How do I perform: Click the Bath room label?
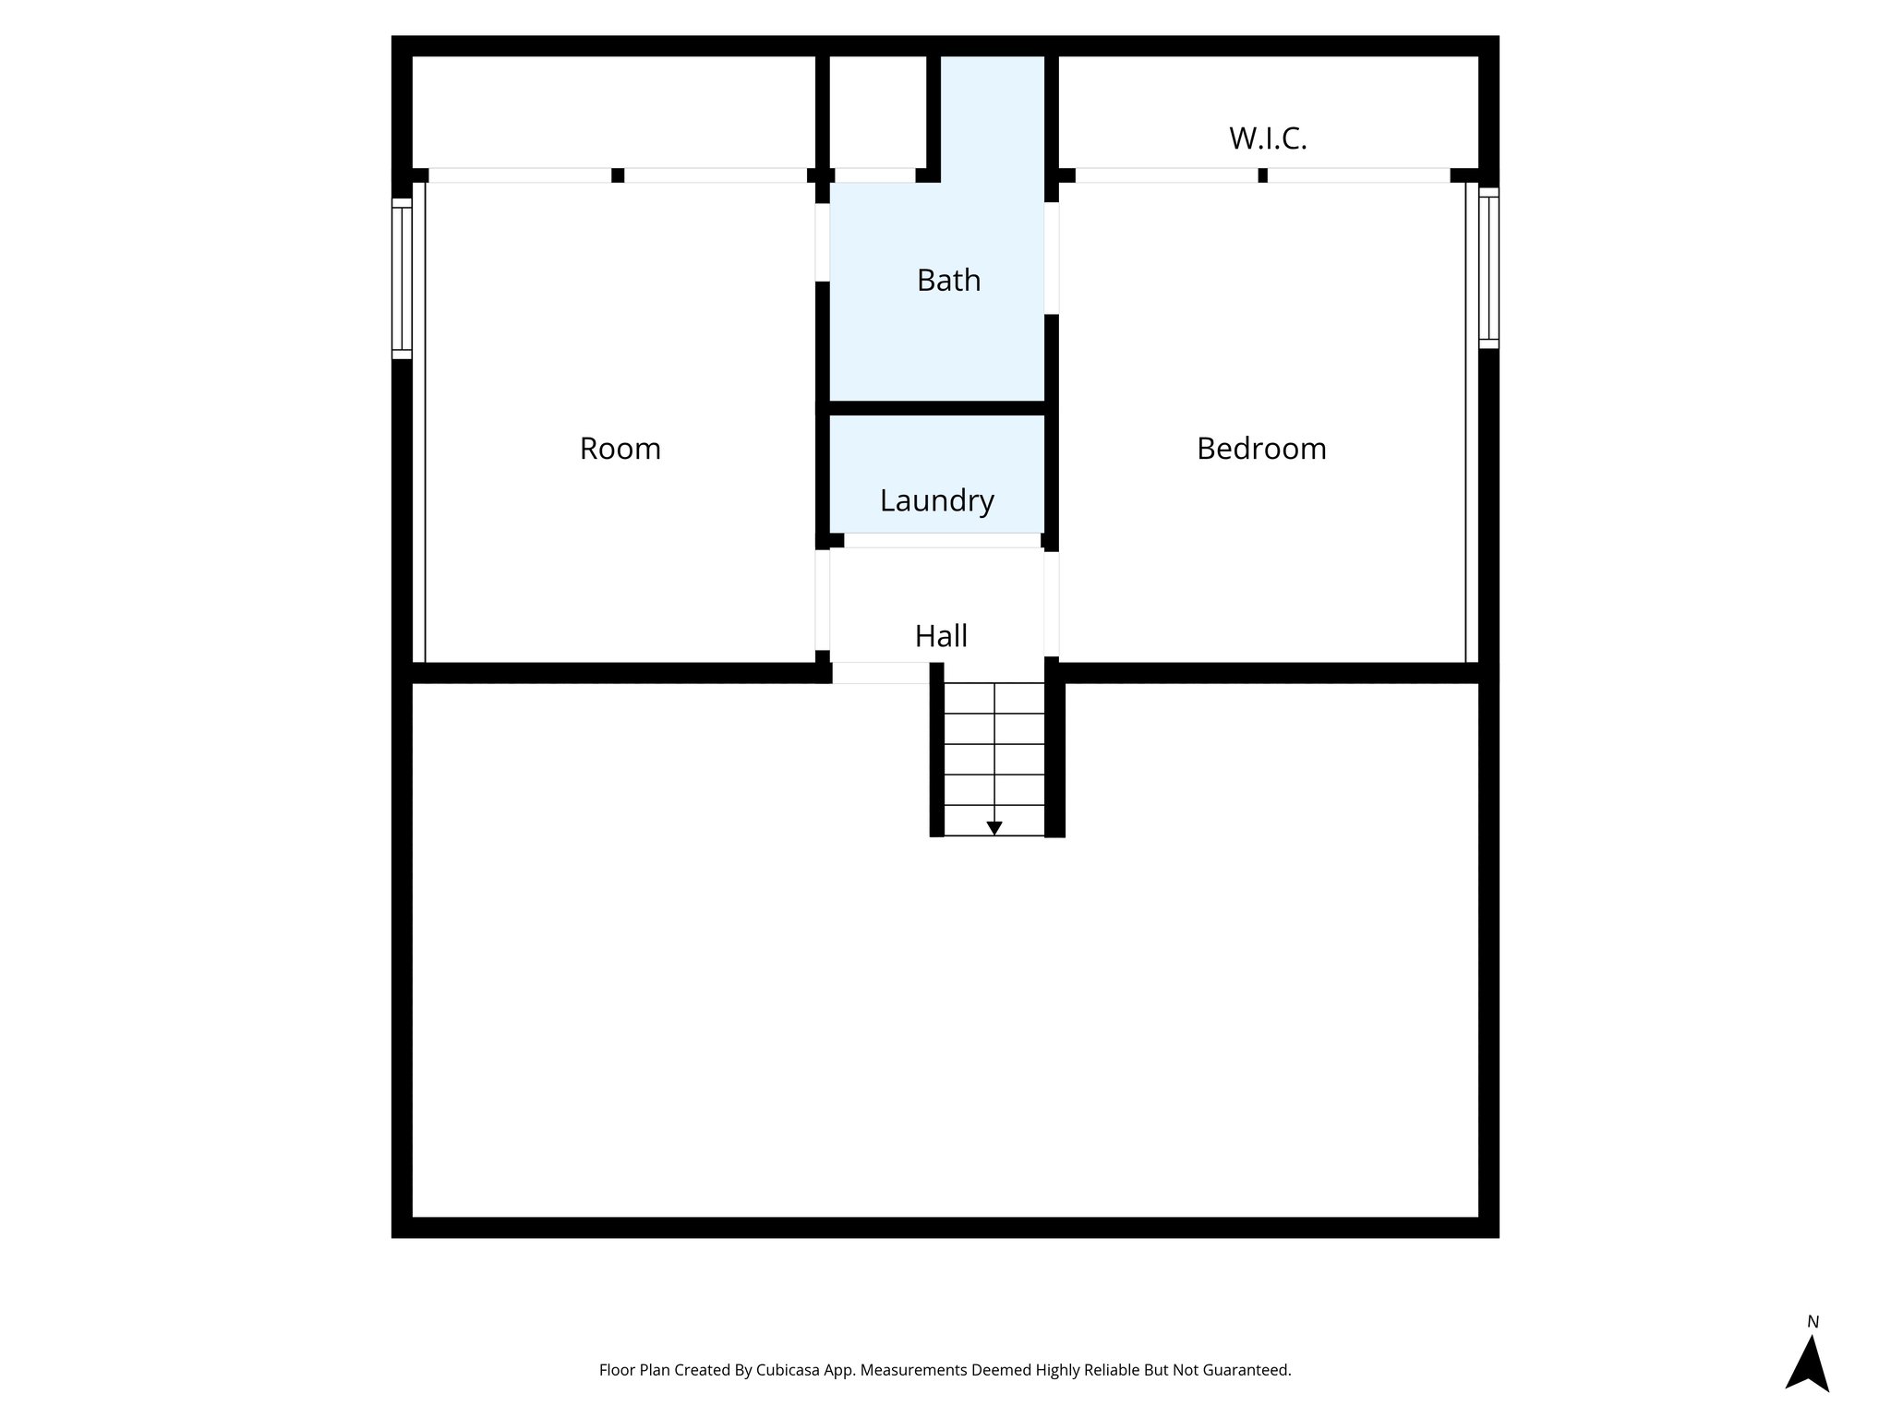tap(948, 280)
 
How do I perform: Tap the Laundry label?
tap(936, 500)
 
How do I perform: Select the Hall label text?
tap(941, 636)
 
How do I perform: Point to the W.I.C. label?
tap(1268, 138)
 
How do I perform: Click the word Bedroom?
tap(1261, 449)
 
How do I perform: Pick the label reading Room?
tap(620, 449)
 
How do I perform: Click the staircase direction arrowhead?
tap(994, 828)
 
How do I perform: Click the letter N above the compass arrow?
tap(1813, 1322)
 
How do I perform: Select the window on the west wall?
tap(402, 278)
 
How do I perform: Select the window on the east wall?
tap(1488, 268)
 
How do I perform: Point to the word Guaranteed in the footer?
tap(1247, 1371)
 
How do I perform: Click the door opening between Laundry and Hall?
tap(943, 541)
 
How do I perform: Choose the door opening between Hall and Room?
tap(822, 600)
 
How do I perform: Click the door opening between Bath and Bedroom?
tap(1052, 258)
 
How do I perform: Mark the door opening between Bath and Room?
tap(822, 242)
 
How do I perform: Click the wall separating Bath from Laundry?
tap(937, 408)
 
